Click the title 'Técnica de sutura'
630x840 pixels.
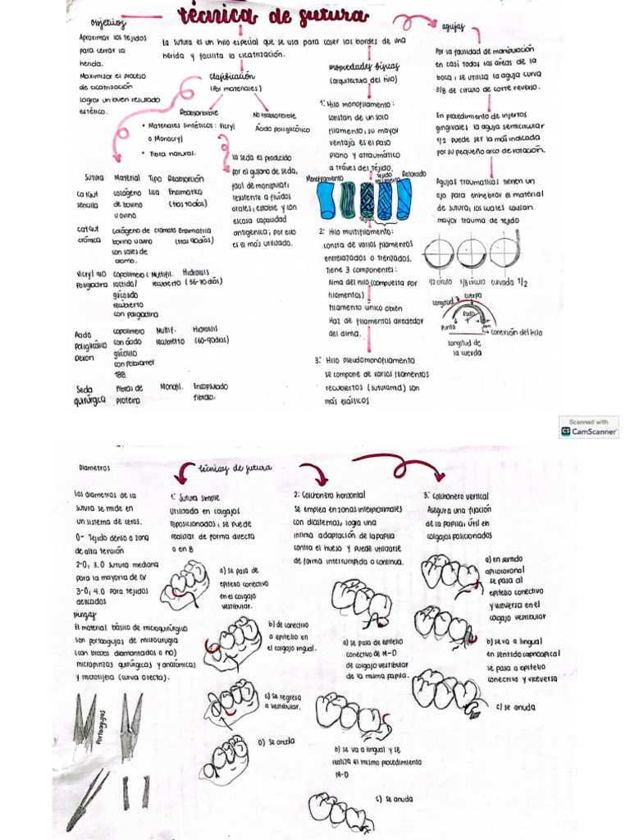pos(262,17)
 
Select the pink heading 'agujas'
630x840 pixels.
pos(454,27)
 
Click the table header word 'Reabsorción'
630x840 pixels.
pos(185,177)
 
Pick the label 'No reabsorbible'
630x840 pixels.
pos(273,116)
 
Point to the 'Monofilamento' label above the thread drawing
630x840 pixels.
pos(323,177)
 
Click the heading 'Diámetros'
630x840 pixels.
pos(94,468)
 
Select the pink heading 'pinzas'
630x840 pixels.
pos(84,614)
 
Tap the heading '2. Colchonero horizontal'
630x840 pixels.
pos(330,495)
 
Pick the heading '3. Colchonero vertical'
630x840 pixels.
pos(456,496)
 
